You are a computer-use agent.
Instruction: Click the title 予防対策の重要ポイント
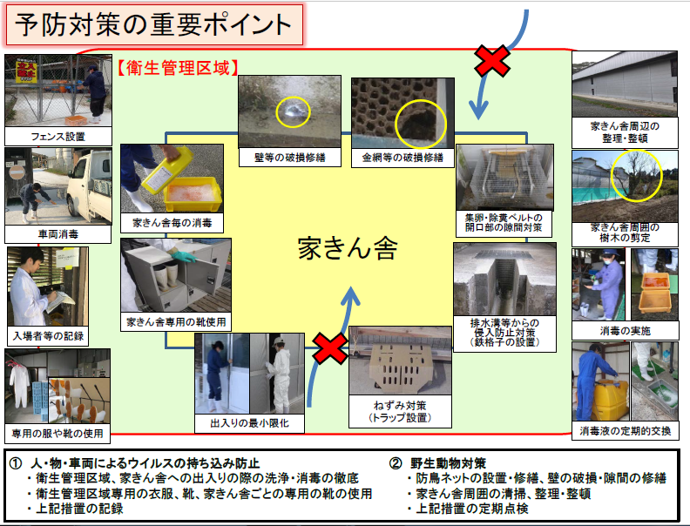click(153, 24)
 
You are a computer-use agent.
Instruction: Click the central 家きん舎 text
click(347, 249)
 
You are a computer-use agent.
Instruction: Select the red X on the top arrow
click(492, 62)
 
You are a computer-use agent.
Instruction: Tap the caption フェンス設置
click(58, 137)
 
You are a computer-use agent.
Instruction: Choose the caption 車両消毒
click(58, 234)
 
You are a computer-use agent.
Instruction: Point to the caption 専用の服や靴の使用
click(57, 433)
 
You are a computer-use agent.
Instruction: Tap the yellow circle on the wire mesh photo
click(419, 123)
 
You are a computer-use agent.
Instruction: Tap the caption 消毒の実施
click(625, 331)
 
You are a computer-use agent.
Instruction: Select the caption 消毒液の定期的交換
click(625, 430)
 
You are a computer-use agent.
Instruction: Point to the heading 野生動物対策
click(450, 462)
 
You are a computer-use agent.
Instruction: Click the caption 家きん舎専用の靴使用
click(176, 321)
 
